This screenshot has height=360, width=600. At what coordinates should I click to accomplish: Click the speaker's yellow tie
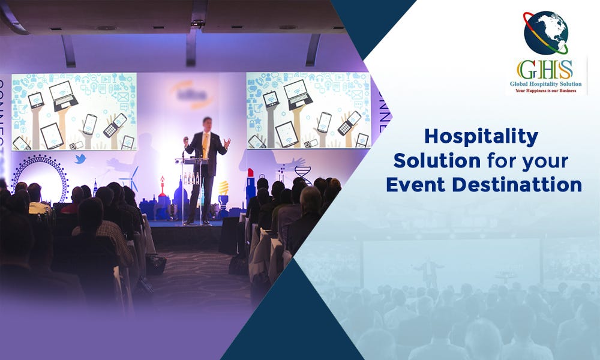point(205,144)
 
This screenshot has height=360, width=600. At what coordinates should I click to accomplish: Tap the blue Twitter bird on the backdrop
point(80,159)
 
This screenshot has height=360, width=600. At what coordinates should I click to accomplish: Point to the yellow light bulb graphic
point(223,188)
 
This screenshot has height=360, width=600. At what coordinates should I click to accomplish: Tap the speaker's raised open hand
point(227,143)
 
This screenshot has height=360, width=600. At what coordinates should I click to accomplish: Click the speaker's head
point(207,123)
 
